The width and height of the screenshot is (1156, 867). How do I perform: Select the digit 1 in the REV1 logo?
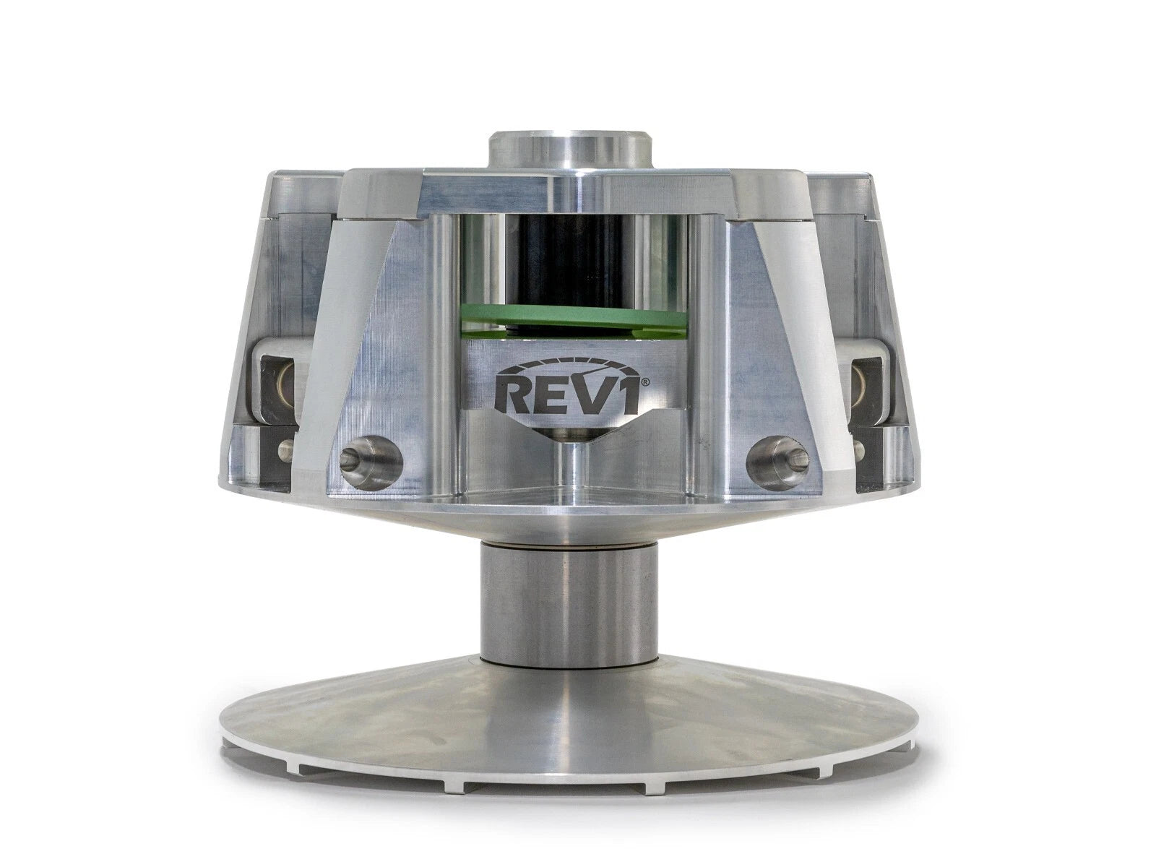pyautogui.click(x=625, y=398)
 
